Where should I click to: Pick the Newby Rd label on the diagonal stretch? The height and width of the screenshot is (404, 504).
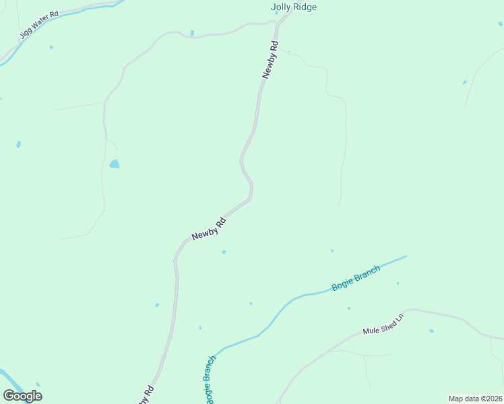[208, 228]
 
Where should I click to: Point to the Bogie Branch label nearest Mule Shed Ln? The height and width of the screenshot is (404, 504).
[356, 278]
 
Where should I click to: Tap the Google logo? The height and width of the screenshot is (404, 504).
[23, 395]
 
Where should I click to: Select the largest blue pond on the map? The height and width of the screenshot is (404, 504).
[115, 164]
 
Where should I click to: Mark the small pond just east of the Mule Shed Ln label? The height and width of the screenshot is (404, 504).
[431, 331]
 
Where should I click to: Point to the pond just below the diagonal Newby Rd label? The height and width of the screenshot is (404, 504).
[224, 252]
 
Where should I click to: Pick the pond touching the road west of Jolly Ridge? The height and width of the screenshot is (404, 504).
[192, 32]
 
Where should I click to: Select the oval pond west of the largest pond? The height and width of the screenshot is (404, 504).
[18, 144]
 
